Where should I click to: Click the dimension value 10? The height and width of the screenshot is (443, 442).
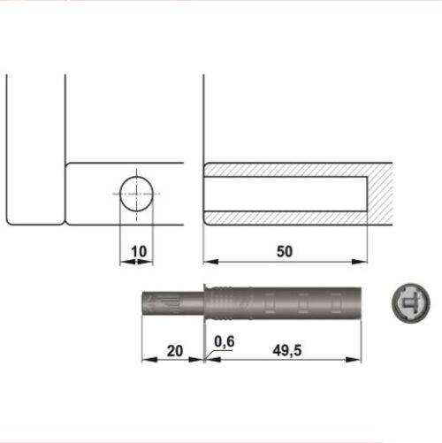138,252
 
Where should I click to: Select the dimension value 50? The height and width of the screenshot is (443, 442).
284,252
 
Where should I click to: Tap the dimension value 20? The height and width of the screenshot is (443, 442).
174,351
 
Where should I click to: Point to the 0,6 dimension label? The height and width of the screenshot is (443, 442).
224,342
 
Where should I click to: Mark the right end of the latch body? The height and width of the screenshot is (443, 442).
359,303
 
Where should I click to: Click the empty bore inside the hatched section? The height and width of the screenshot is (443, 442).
283,193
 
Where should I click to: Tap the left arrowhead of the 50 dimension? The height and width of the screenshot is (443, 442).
208,262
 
